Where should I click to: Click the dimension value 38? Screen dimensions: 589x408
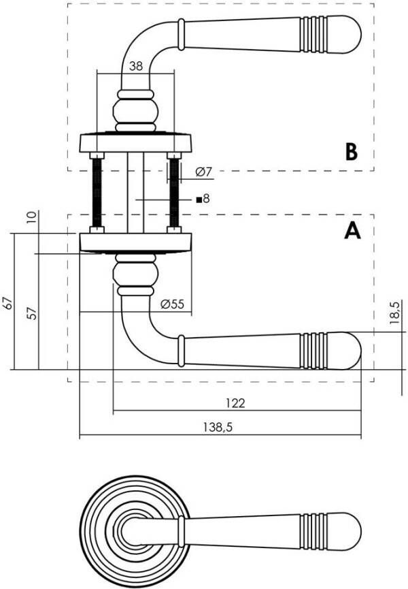coord(136,65)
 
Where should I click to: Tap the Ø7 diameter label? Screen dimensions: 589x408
coord(203,172)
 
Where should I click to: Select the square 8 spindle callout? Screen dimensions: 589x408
coord(203,200)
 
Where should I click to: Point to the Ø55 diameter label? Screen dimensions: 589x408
coord(172,304)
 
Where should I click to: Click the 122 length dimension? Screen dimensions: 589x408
coord(235,403)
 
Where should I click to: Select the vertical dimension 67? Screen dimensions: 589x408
coord(8,302)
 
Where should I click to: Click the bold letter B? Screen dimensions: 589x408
coord(351,151)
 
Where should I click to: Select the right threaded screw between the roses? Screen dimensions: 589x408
coord(174,193)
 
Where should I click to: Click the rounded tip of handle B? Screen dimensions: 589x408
coord(350,33)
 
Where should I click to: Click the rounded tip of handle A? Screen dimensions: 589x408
coord(350,349)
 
